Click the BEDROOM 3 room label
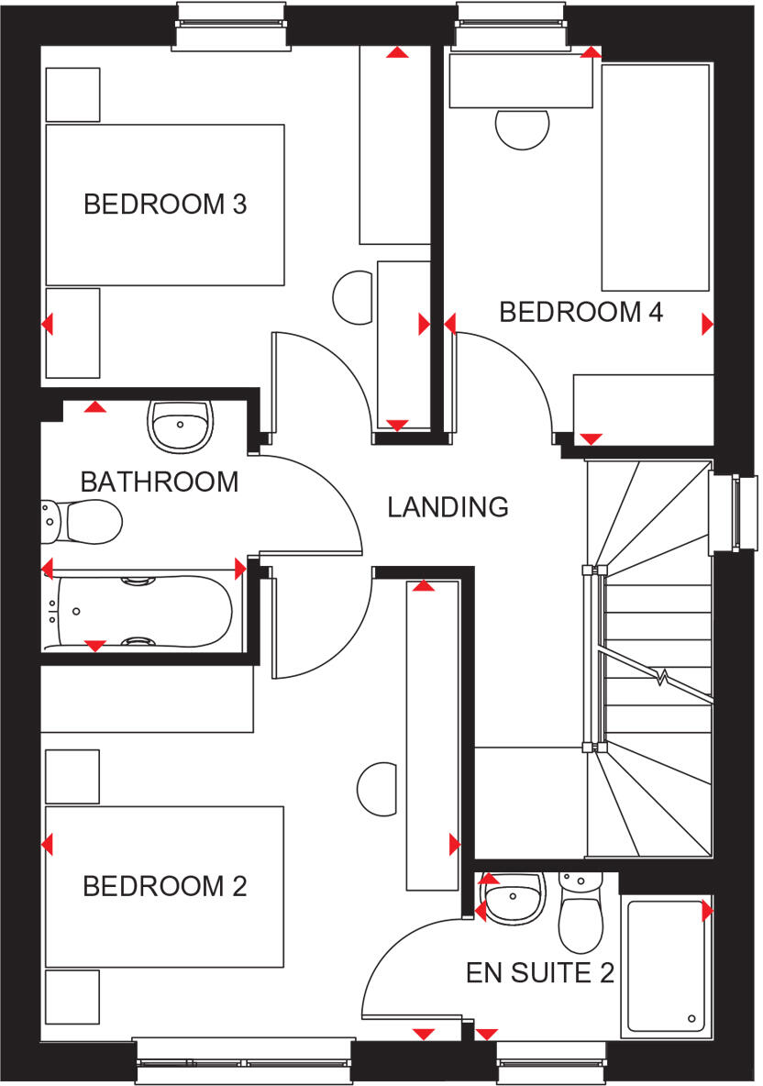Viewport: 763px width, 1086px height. point(165,204)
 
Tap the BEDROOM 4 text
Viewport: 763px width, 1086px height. point(581,312)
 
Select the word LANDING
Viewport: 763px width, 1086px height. point(448,506)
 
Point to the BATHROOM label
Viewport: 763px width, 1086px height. point(160,482)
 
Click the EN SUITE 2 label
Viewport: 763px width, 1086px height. point(540,973)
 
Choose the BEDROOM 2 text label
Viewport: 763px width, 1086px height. point(165,887)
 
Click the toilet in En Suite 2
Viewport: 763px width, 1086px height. point(580,913)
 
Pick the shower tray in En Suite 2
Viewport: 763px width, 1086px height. point(667,968)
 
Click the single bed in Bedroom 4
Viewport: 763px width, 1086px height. point(656,177)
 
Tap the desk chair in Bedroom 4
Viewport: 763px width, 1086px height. point(523,127)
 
